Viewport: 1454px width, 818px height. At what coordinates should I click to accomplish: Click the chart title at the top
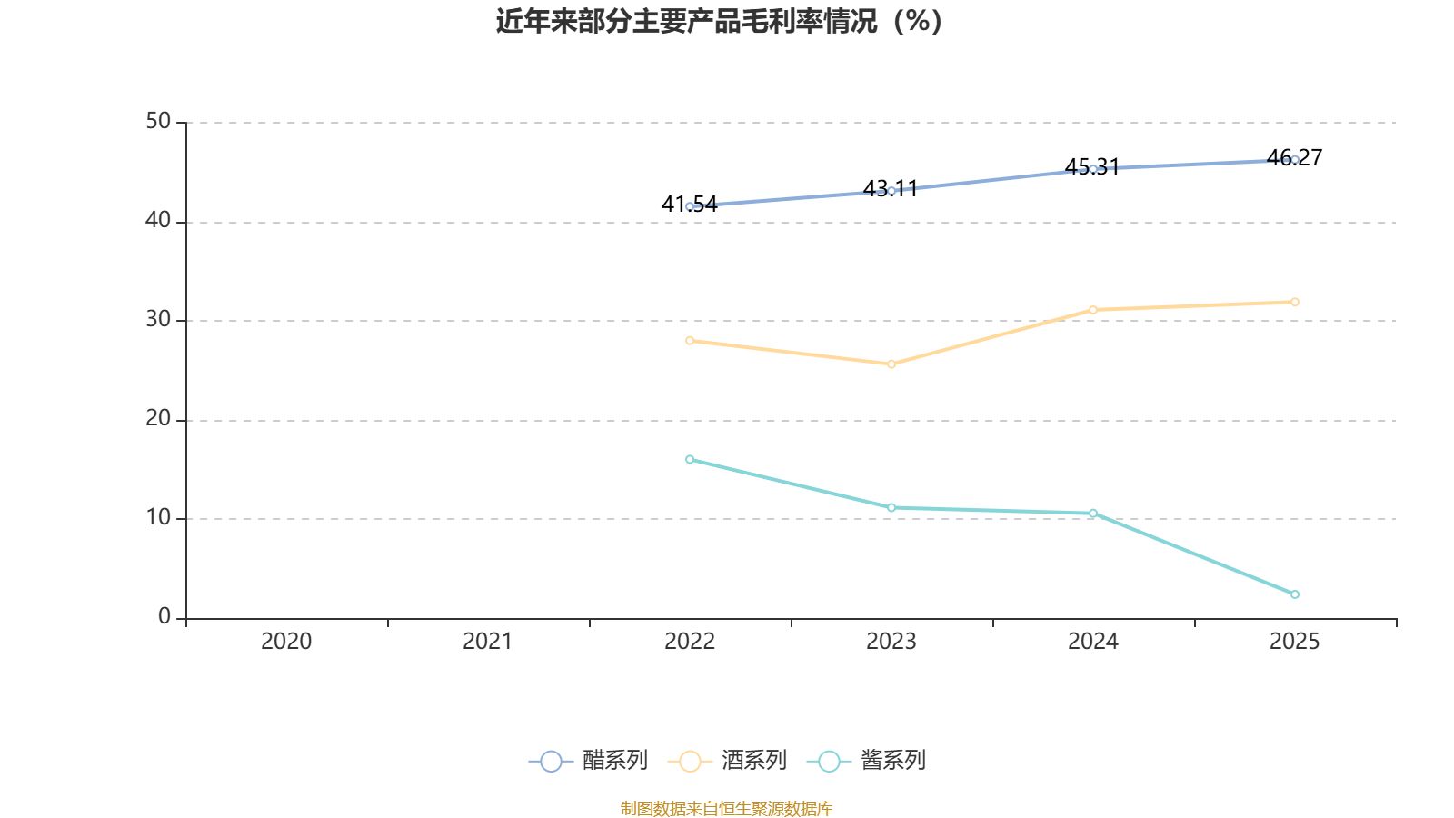coord(719,21)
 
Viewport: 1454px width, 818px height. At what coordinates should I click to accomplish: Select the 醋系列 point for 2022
coord(690,206)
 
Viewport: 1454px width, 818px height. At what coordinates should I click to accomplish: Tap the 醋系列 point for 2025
coord(1295,160)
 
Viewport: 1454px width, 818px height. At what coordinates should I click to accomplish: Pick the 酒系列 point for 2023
coord(891,364)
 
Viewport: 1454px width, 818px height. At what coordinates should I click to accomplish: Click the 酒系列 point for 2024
coord(1093,310)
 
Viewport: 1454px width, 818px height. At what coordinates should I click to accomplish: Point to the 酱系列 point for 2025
coord(1295,594)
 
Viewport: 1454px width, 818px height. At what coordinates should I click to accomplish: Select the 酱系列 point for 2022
coord(690,460)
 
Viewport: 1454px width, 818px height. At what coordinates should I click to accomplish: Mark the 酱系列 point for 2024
coord(1093,514)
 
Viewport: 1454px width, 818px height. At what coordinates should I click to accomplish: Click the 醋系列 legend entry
coord(589,761)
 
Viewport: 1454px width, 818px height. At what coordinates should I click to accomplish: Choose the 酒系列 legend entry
coord(728,761)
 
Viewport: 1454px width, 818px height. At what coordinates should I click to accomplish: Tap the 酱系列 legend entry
coord(867,761)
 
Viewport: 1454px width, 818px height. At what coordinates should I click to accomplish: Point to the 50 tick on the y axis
coord(158,122)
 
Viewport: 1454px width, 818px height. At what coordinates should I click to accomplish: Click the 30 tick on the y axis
coord(158,320)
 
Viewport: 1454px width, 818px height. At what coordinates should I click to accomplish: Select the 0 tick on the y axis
coord(164,617)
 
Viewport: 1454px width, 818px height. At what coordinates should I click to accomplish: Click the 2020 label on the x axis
coord(286,642)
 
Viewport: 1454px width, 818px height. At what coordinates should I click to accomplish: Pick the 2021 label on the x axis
coord(488,642)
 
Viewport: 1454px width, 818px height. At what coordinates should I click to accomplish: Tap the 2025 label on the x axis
coord(1294,642)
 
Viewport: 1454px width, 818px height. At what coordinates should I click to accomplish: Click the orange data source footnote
coord(727,808)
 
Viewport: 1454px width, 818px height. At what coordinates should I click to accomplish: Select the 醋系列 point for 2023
coord(891,191)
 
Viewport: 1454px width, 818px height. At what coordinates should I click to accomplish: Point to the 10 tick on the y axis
coord(158,518)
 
